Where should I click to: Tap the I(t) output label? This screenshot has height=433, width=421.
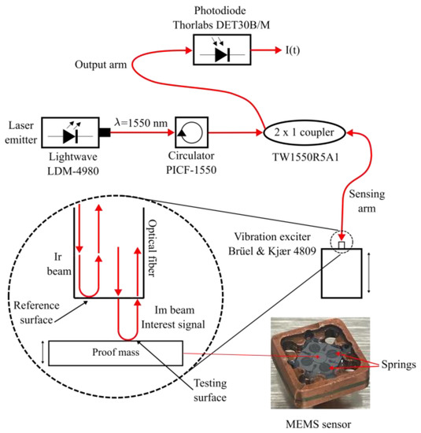click(x=293, y=50)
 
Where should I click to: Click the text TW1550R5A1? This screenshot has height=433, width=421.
click(x=305, y=157)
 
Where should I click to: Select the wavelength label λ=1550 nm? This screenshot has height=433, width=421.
click(x=141, y=123)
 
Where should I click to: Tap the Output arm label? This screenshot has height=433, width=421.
click(x=101, y=65)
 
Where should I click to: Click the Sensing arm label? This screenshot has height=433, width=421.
click(x=367, y=201)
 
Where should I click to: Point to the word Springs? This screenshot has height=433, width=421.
click(x=399, y=365)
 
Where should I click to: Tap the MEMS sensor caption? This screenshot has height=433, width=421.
click(x=318, y=424)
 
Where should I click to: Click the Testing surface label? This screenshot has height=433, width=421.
click(x=210, y=390)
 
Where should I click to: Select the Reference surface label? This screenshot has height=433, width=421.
click(x=36, y=313)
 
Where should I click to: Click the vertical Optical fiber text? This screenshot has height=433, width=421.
click(x=152, y=248)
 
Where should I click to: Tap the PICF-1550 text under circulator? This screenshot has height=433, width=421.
click(x=191, y=170)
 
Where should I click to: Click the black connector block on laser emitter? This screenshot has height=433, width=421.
click(x=105, y=132)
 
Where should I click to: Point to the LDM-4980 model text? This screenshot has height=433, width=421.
click(x=73, y=171)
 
